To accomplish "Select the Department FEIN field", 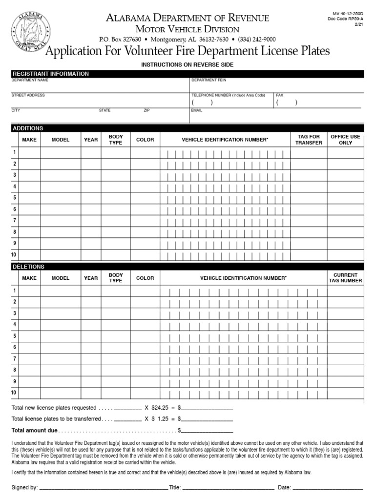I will (x=276, y=86).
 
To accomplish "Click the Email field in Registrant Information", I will (x=276, y=117).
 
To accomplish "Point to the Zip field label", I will (x=146, y=110).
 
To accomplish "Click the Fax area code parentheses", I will (x=286, y=103).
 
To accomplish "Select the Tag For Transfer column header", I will (x=309, y=140).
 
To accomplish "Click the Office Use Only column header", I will (x=345, y=140).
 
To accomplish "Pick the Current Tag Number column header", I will (x=345, y=278).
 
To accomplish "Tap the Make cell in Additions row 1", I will (x=29, y=152).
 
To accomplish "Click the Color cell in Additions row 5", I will (x=145, y=198).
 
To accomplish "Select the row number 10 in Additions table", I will (x=14, y=255).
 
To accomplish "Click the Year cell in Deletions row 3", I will (x=91, y=313).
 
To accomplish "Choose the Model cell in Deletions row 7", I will (x=61, y=358).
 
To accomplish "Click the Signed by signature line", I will (x=103, y=487).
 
